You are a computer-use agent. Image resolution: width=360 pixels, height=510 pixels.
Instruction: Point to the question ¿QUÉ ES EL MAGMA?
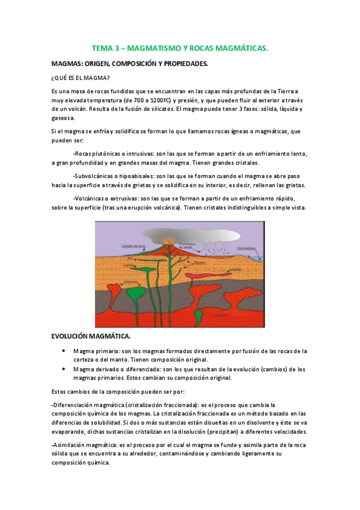[x=81, y=78]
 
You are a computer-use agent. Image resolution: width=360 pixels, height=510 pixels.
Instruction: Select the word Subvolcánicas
[x=93, y=176]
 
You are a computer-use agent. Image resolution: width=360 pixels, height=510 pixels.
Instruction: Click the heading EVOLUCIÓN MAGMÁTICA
[x=91, y=336]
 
